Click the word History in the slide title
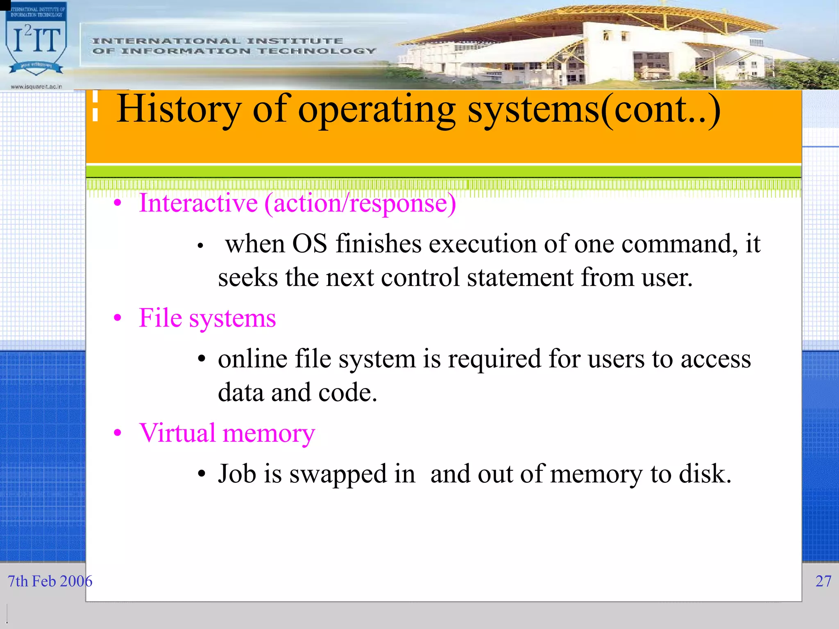pyautogui.click(x=179, y=109)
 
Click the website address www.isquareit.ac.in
pyautogui.click(x=36, y=86)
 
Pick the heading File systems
pyautogui.click(x=207, y=318)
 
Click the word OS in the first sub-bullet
pyautogui.click(x=309, y=244)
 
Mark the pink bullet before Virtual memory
pyautogui.click(x=118, y=433)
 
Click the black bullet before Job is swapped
pyautogui.click(x=201, y=475)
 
